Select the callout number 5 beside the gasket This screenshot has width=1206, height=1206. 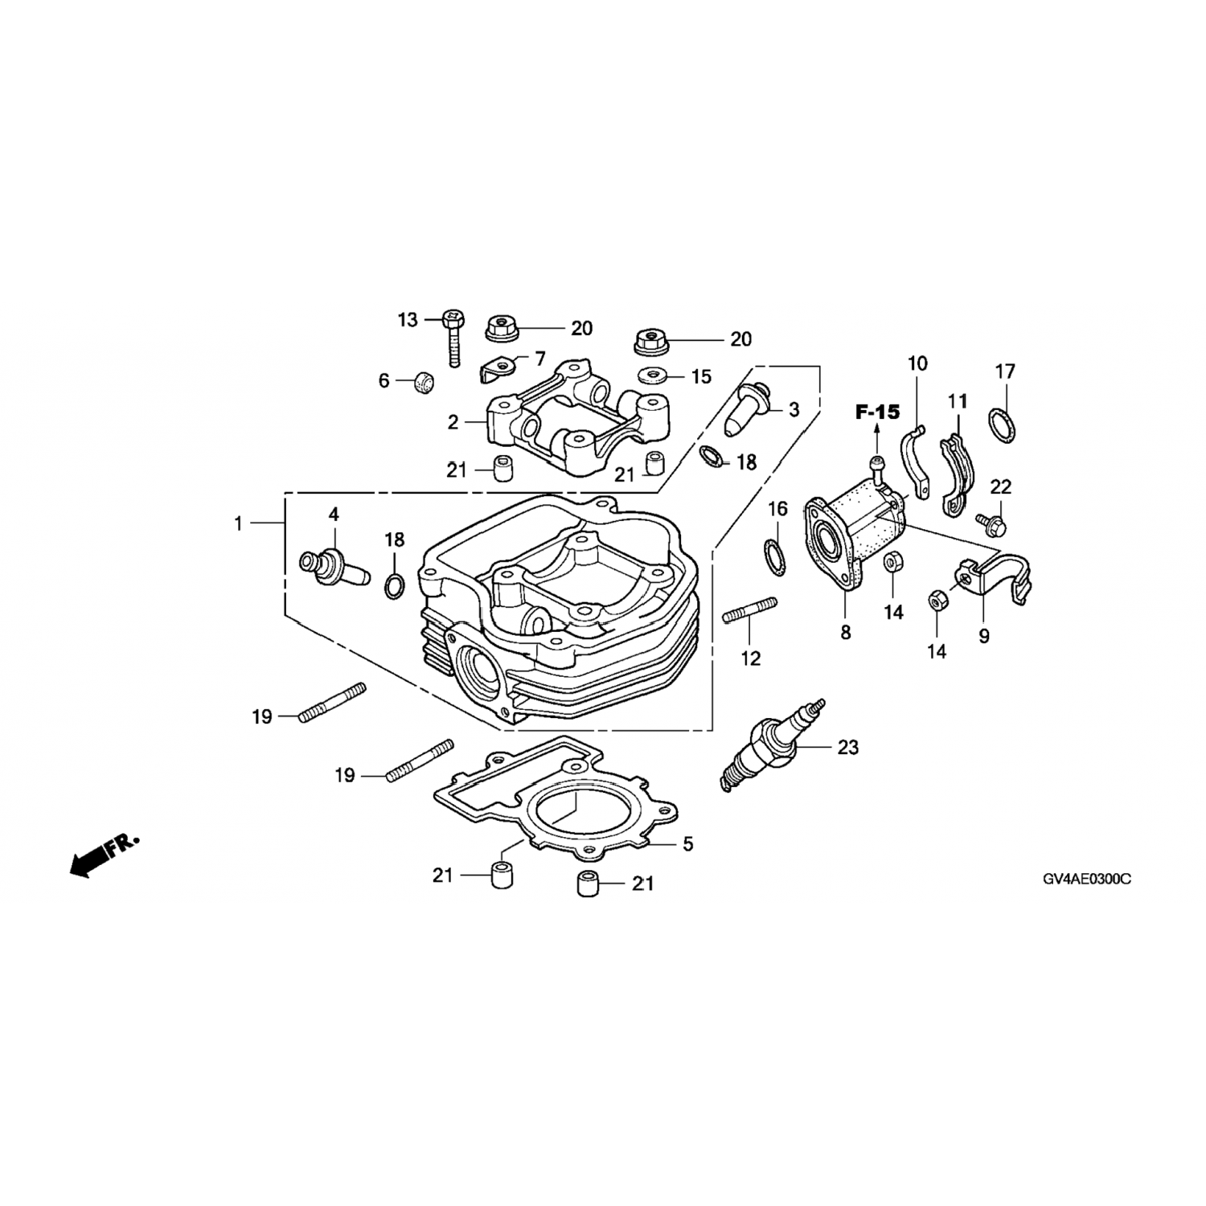tap(687, 843)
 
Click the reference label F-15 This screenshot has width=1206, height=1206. tap(876, 412)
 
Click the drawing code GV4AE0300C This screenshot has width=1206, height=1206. tap(1086, 880)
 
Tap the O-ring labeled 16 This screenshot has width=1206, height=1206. tap(773, 559)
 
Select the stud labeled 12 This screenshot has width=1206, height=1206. tap(749, 610)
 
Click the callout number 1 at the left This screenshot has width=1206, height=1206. tap(238, 523)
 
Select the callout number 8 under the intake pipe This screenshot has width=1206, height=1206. tap(846, 633)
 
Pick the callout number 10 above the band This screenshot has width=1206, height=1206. tap(917, 363)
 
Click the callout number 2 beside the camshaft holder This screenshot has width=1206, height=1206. tap(453, 421)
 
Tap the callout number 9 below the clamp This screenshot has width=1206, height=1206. tap(984, 636)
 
